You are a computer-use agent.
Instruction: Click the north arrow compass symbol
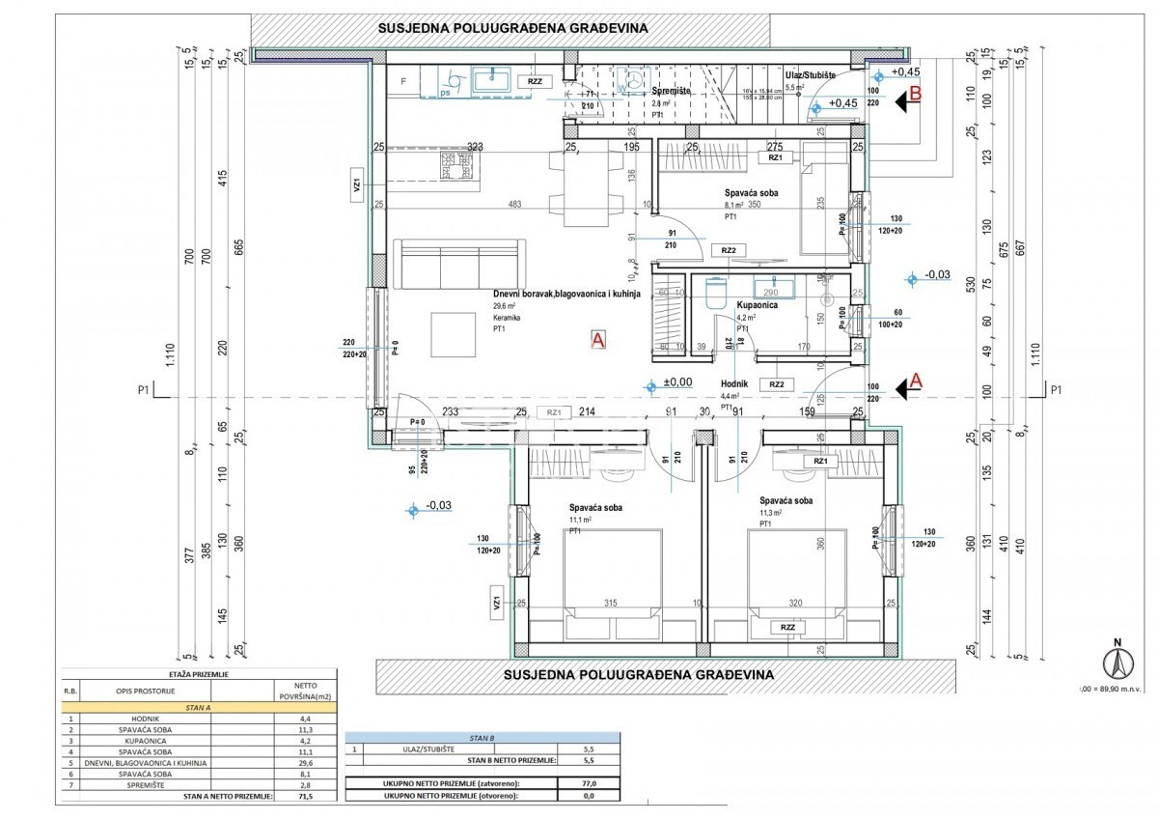pyautogui.click(x=1117, y=664)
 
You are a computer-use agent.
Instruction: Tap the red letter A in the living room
pyautogui.click(x=597, y=340)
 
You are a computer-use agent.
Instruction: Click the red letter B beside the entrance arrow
pyautogui.click(x=917, y=94)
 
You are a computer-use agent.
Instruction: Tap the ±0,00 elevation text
pyautogui.click(x=675, y=382)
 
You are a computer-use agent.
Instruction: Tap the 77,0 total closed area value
pyautogui.click(x=589, y=783)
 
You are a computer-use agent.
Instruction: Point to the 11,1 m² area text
pyautogui.click(x=579, y=522)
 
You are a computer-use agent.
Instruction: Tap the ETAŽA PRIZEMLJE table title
pyautogui.click(x=199, y=674)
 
